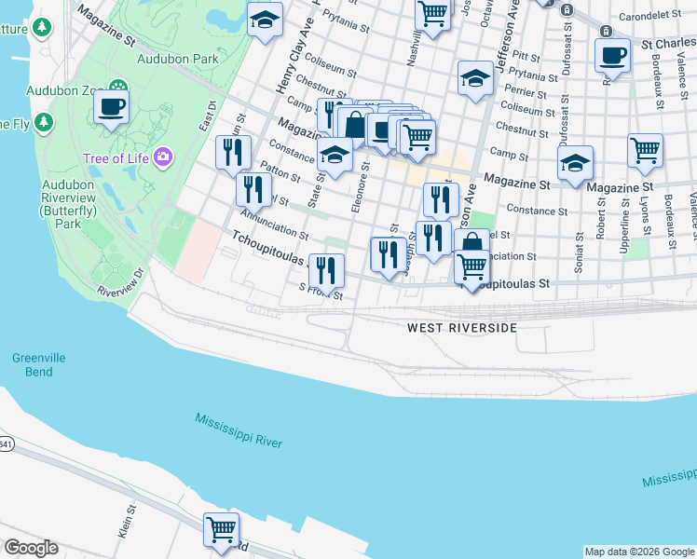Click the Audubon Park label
[177, 58]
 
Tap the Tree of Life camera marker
[164, 157]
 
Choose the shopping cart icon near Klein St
[222, 529]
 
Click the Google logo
[31, 548]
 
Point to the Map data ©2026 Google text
[639, 552]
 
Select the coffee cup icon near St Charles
[612, 56]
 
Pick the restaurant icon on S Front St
[326, 270]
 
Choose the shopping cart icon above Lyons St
[645, 151]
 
